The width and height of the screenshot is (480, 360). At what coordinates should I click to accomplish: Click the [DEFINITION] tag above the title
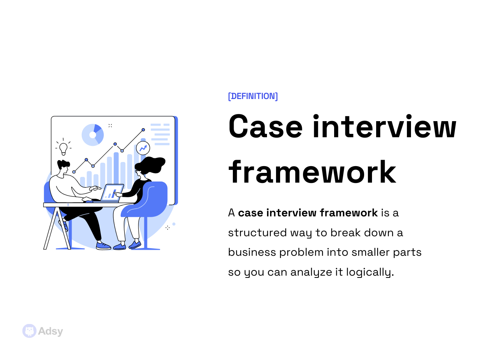click(x=253, y=96)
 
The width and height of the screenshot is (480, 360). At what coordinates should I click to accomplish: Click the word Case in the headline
click(x=265, y=127)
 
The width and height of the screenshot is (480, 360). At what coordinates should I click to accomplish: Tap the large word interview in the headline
click(x=384, y=127)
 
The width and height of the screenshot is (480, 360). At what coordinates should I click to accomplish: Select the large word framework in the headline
click(x=312, y=172)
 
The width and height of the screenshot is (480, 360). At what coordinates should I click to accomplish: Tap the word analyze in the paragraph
click(x=311, y=272)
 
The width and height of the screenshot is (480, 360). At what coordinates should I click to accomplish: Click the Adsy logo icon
click(x=29, y=331)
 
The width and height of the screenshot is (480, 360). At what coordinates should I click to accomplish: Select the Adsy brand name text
click(x=51, y=331)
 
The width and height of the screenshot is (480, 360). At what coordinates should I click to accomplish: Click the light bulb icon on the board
click(x=63, y=148)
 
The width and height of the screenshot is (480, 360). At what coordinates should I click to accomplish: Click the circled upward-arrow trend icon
click(x=143, y=148)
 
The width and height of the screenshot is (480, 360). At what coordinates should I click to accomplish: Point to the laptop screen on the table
click(x=112, y=192)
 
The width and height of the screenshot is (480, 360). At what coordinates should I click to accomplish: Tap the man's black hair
click(x=63, y=164)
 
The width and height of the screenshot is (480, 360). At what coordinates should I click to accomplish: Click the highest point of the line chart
click(x=143, y=130)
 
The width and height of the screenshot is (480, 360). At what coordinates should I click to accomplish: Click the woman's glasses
click(x=138, y=171)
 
